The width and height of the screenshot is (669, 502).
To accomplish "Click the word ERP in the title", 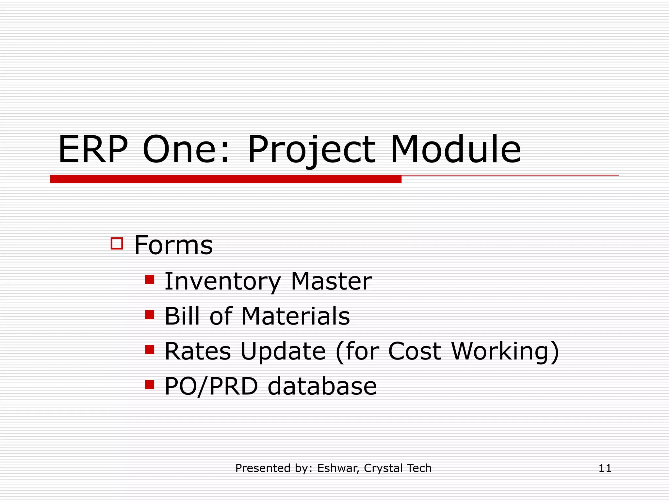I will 93,150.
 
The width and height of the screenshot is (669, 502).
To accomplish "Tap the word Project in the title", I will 312,150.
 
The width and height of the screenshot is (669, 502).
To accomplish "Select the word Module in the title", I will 455,150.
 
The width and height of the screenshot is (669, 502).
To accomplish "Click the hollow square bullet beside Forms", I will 117,243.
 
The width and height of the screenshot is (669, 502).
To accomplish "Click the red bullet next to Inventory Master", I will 150,280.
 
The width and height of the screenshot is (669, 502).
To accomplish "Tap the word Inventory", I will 222,282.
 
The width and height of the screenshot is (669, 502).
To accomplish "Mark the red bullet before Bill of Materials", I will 150,315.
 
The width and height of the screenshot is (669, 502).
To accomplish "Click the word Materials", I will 296,316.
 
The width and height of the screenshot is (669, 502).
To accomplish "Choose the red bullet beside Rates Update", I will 150,350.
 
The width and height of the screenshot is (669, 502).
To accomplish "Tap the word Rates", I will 198,351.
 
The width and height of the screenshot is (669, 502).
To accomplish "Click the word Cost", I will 415,351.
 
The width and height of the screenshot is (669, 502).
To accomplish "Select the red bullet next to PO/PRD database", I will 150,385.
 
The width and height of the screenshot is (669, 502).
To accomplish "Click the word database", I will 322,386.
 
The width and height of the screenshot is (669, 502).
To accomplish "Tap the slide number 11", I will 605,468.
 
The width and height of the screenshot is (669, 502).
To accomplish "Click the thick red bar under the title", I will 225,179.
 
